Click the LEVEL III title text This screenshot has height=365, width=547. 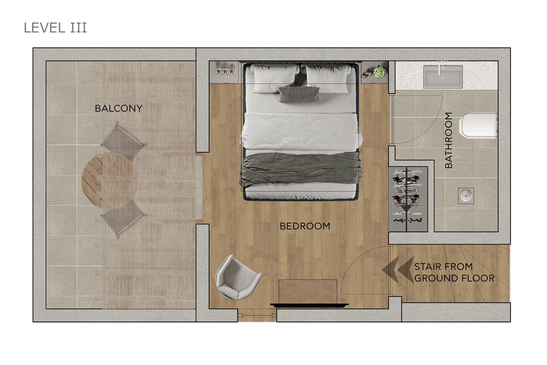pyautogui.click(x=55, y=28)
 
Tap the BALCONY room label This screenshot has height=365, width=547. pyautogui.click(x=119, y=108)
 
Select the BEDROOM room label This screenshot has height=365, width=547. pyautogui.click(x=305, y=226)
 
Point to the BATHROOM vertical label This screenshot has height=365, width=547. pyautogui.click(x=448, y=140)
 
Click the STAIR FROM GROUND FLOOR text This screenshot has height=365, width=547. pyautogui.click(x=454, y=272)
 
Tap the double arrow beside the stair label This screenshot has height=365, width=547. pyautogui.click(x=398, y=270)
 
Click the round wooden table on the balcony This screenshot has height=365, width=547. pyautogui.click(x=110, y=180)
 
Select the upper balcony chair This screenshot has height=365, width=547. pyautogui.click(x=123, y=141)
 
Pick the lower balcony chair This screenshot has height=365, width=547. pyautogui.click(x=124, y=219)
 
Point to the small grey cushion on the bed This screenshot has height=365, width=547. pyautogui.click(x=299, y=94)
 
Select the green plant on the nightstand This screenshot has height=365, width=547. pyautogui.click(x=379, y=72)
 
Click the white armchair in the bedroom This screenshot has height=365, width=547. pyautogui.click(x=238, y=277)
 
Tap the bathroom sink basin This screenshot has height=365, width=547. pyautogui.click(x=443, y=77)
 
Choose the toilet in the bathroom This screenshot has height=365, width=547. pyautogui.click(x=478, y=126)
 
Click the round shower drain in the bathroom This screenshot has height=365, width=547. pyautogui.click(x=466, y=196)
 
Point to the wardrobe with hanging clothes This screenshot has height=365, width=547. pyautogui.click(x=408, y=199)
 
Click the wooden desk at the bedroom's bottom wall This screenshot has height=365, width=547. pyautogui.click(x=308, y=292)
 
